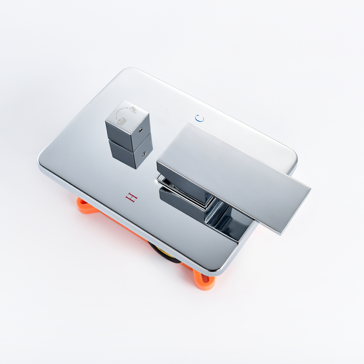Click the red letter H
click(x=131, y=197)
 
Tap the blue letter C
click(x=199, y=118)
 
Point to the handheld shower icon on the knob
click(x=133, y=109)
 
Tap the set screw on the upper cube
click(x=141, y=130)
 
